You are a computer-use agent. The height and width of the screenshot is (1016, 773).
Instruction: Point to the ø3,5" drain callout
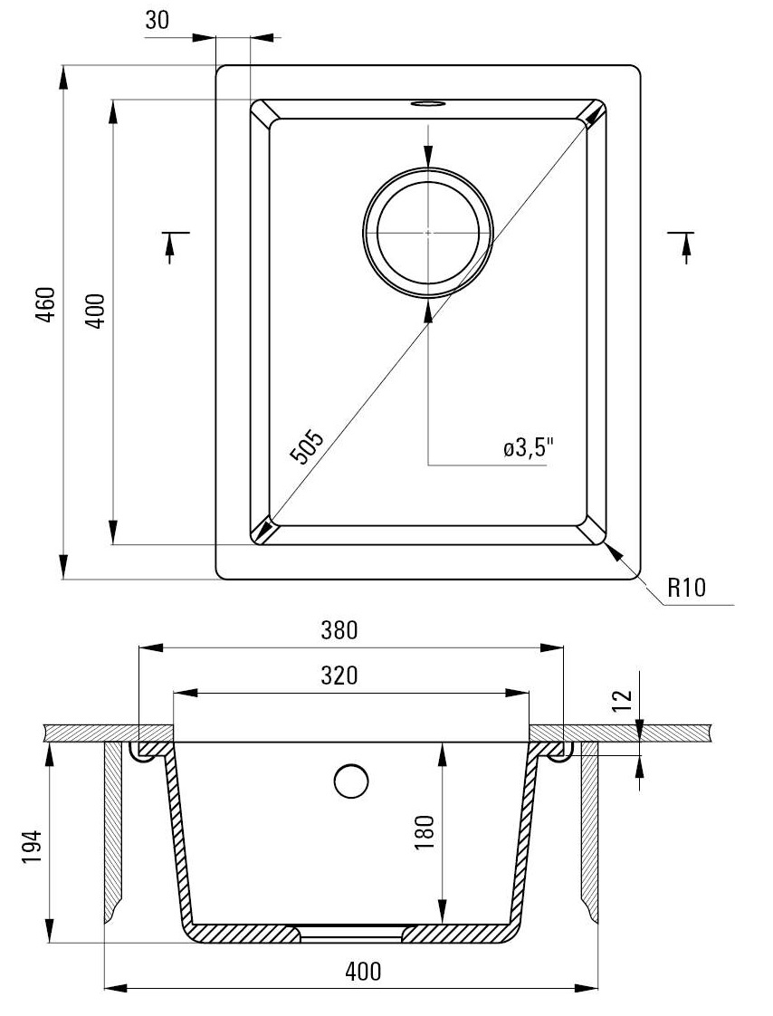(529, 447)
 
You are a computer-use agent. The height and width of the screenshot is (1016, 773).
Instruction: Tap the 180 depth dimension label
(426, 830)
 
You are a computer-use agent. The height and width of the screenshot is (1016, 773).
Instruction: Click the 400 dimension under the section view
(362, 971)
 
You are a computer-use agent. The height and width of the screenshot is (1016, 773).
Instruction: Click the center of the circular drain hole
(428, 232)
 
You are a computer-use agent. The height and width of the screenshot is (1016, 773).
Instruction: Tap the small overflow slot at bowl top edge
(427, 104)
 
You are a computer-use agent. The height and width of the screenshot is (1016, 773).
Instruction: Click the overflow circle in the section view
(351, 781)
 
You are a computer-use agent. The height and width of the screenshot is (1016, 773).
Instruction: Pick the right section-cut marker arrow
(685, 244)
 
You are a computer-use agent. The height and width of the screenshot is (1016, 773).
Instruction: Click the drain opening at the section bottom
(351, 932)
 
